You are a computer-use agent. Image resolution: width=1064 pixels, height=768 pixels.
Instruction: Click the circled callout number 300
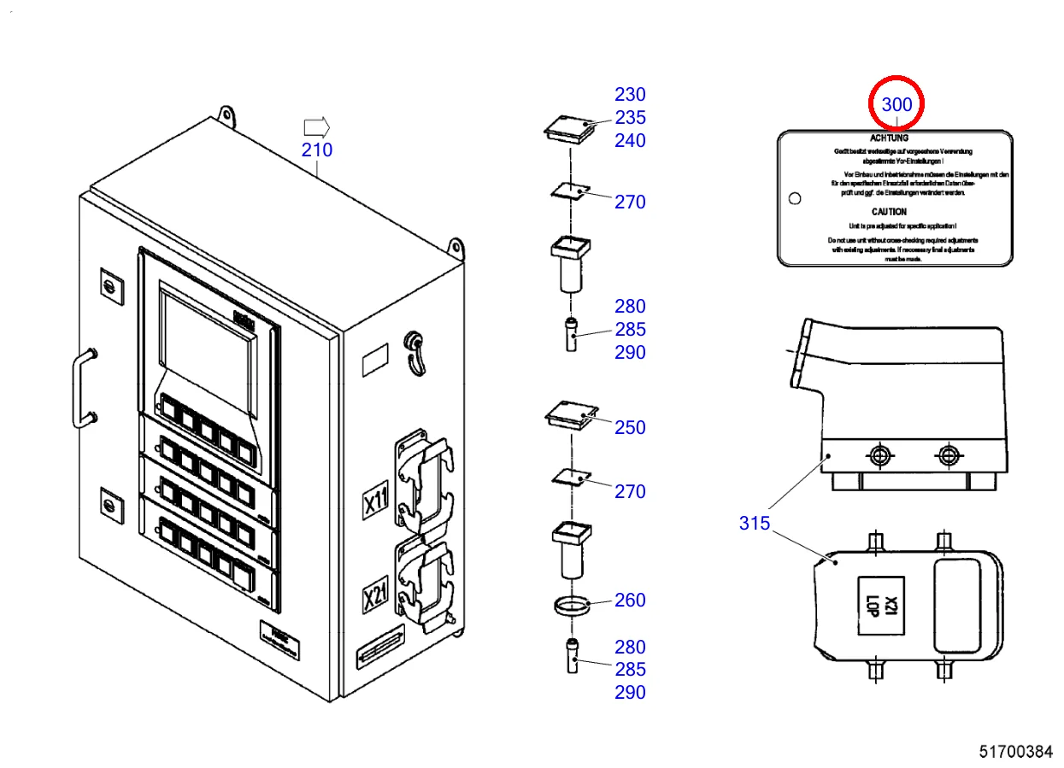point(896,105)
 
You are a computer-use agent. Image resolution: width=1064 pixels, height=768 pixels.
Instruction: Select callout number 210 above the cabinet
point(316,151)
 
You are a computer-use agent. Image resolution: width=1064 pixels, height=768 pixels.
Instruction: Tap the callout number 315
point(755,523)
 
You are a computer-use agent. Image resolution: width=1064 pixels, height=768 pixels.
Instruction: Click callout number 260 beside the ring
point(630,601)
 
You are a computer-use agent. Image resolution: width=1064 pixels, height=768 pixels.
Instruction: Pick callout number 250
point(630,427)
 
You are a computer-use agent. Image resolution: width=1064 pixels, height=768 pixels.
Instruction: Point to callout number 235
point(630,118)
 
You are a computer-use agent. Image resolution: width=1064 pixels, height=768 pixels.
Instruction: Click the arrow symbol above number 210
point(316,127)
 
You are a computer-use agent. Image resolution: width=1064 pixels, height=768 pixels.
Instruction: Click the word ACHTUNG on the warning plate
point(889,138)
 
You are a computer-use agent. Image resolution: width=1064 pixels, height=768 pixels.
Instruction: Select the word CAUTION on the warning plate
point(889,212)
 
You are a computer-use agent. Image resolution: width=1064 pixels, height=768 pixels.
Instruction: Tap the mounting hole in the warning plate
point(795,198)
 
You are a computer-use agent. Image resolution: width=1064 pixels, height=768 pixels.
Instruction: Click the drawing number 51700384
point(1015,752)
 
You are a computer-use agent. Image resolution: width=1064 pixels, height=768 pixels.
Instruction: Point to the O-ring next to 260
point(570,607)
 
